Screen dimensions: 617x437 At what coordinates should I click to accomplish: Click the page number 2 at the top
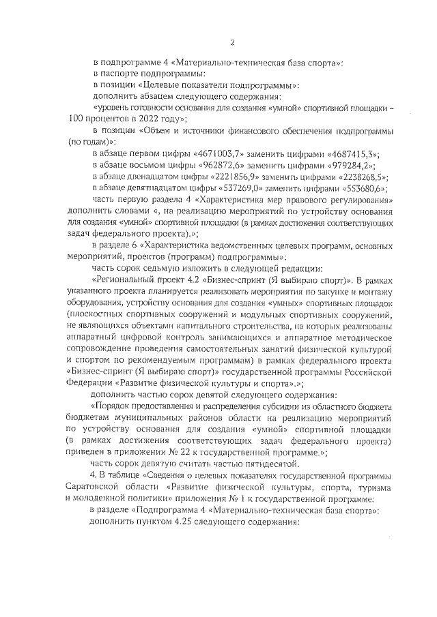(x=231, y=42)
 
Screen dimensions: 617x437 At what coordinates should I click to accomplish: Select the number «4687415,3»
(x=354, y=155)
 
